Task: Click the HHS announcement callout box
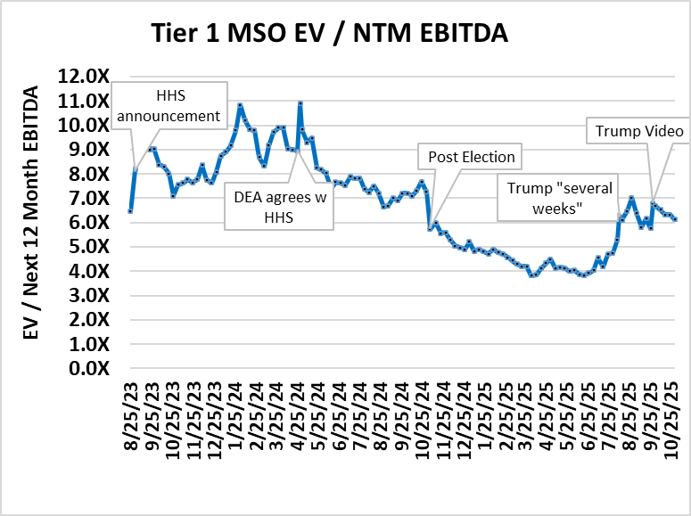tap(169, 105)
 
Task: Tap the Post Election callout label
tap(471, 158)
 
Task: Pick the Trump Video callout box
tap(639, 132)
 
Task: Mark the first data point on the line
tap(130, 211)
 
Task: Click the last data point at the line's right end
tap(675, 219)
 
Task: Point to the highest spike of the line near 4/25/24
tap(300, 103)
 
